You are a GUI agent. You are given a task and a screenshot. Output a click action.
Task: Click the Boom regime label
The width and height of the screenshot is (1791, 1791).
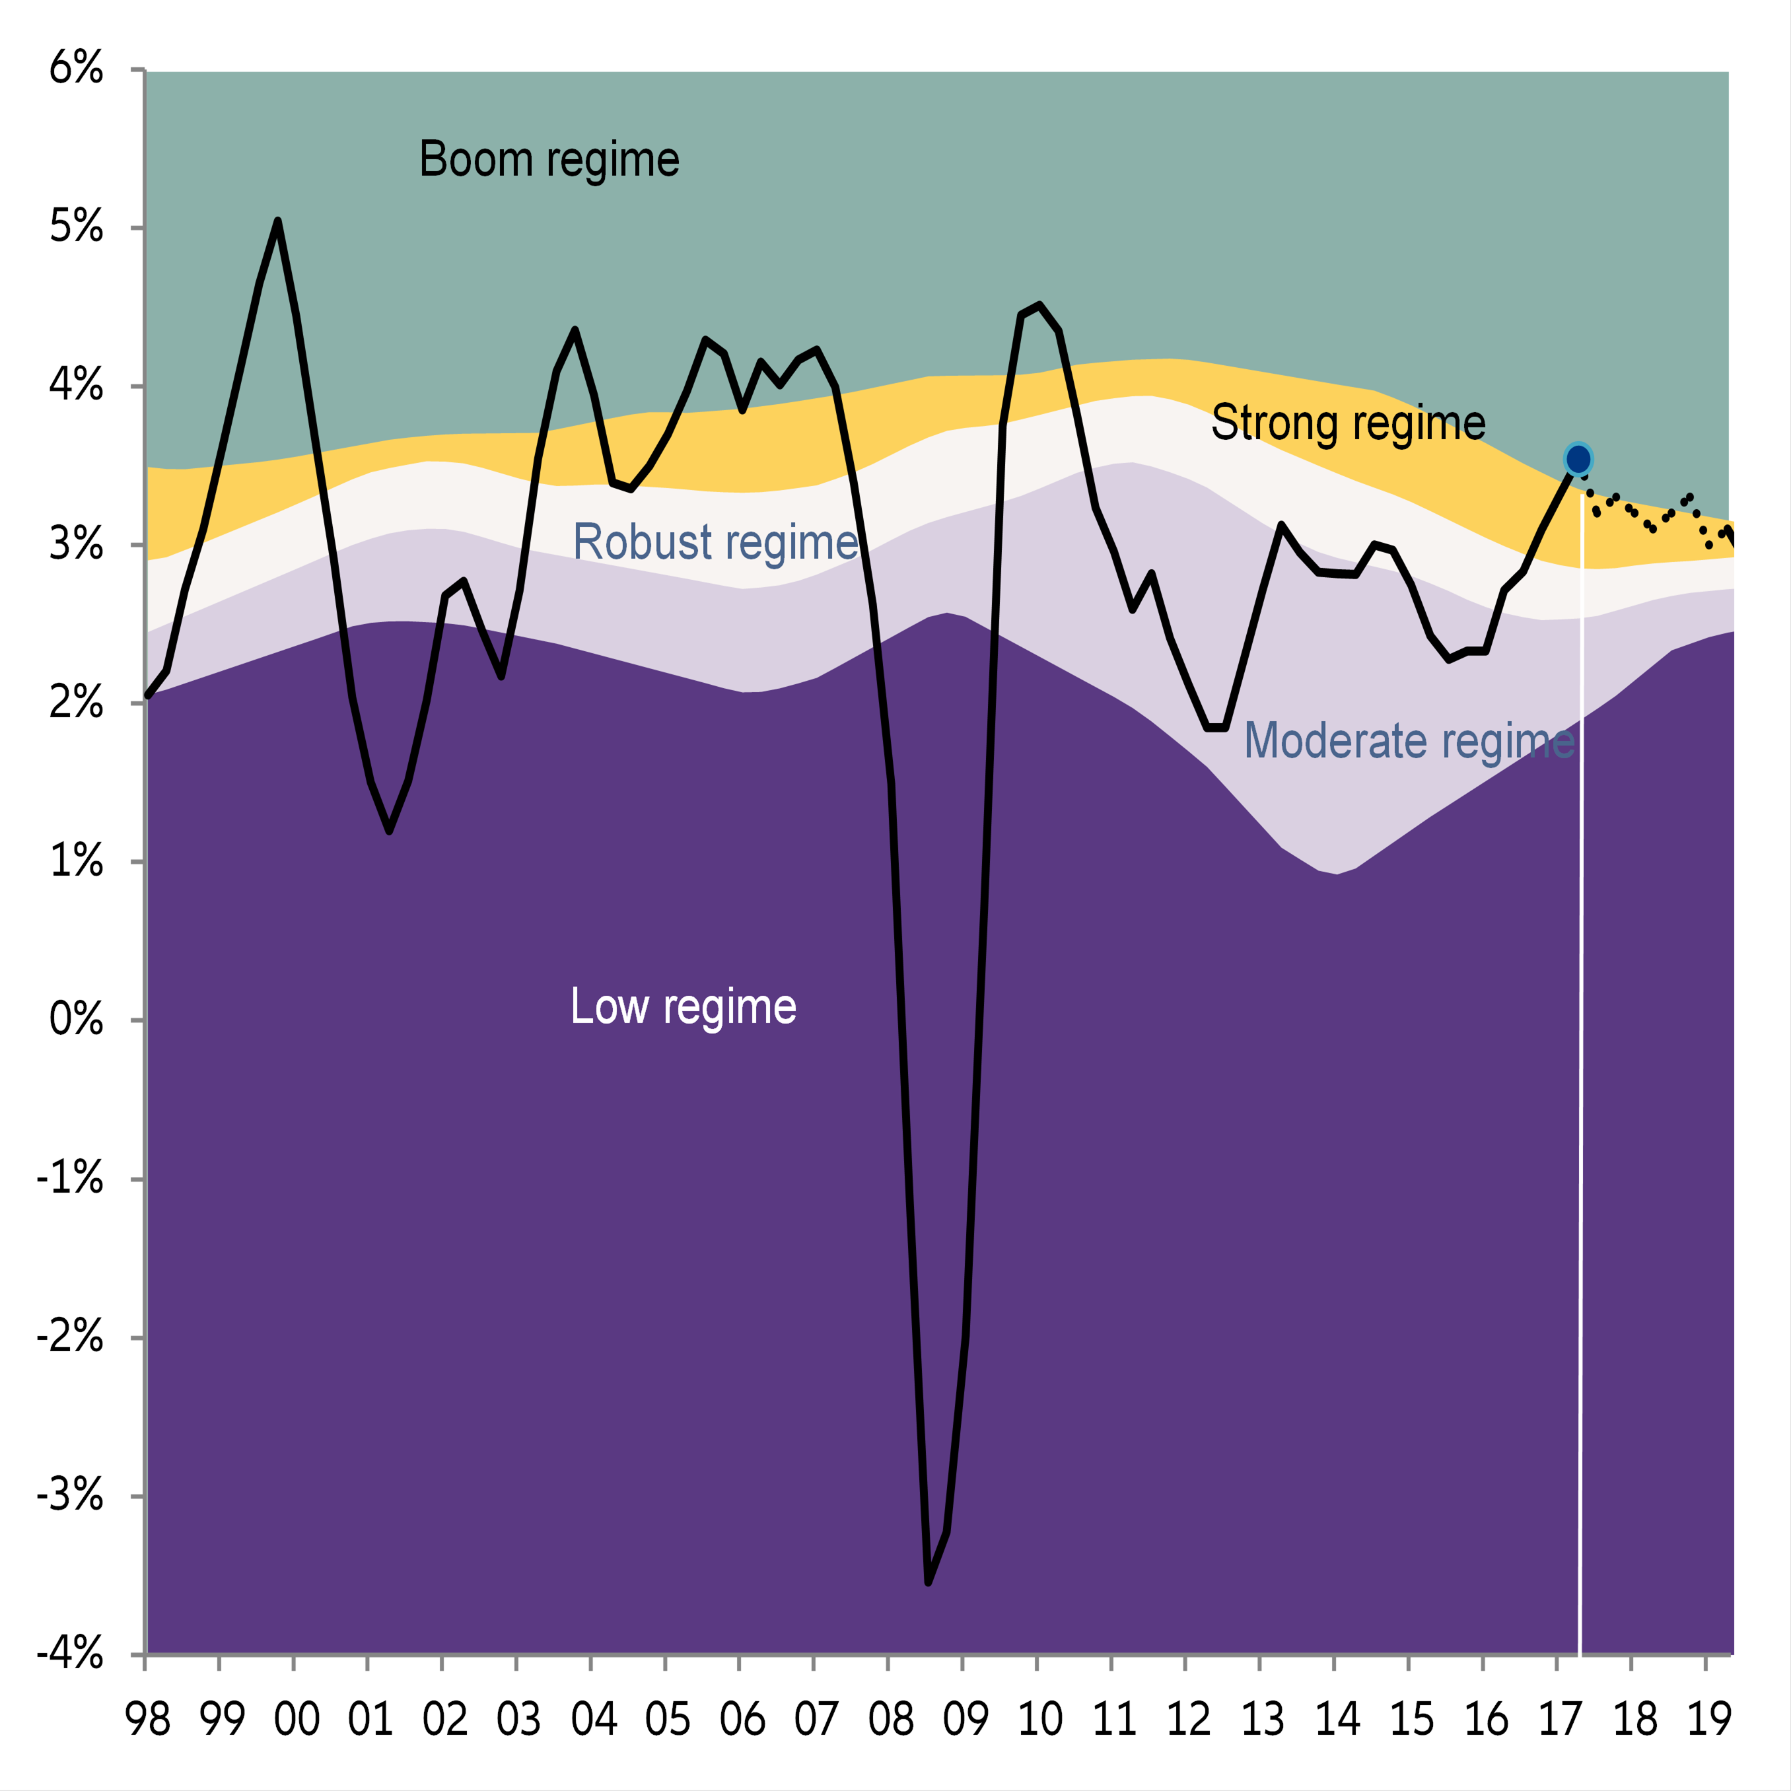point(549,159)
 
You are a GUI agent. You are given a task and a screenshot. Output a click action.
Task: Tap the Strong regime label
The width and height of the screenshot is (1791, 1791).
point(1348,423)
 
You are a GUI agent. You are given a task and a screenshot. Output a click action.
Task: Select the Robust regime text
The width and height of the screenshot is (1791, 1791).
point(715,542)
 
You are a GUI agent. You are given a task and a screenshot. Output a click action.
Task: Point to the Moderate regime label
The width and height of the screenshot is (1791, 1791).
point(1408,742)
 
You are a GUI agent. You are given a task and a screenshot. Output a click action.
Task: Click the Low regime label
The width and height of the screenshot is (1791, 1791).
point(684,1006)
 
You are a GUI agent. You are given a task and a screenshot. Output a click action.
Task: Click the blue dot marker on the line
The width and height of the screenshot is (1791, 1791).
point(1578,459)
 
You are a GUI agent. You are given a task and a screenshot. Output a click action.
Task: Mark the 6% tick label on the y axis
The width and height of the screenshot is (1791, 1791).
point(76,69)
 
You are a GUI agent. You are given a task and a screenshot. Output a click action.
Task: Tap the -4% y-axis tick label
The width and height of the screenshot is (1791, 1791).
point(69,1654)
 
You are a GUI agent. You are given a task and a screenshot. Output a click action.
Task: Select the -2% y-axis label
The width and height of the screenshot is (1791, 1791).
point(69,1337)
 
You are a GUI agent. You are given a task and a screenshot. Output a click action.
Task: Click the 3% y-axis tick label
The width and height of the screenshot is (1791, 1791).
point(76,544)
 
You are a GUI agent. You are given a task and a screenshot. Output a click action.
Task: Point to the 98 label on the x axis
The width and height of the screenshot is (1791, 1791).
point(147,1720)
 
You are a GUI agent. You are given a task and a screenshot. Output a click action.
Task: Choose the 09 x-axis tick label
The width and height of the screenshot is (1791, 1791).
point(965,1720)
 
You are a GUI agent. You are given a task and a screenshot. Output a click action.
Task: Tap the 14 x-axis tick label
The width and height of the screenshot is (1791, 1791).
point(1337,1720)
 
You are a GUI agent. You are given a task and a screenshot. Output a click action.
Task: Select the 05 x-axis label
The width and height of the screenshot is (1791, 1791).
point(668,1720)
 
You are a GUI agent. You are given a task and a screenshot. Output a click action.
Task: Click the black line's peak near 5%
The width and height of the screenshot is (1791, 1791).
point(277,221)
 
